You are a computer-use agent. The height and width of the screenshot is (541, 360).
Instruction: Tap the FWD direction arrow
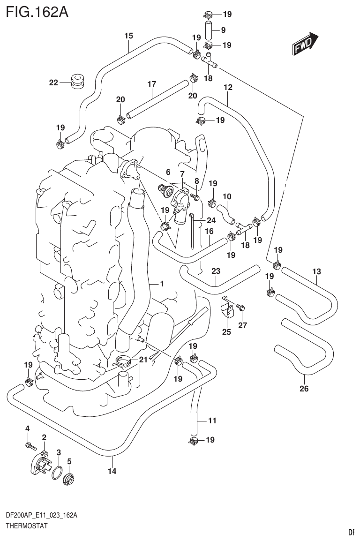pos(306,44)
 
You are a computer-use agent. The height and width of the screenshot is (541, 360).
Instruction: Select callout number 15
pos(128,36)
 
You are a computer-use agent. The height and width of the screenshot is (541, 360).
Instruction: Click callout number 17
pos(151,84)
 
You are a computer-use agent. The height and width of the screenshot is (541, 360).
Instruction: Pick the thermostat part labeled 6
pos(166,189)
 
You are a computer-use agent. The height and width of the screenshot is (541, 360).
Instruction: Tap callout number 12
pos(228,87)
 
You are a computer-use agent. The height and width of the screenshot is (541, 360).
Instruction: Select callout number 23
pos(216,270)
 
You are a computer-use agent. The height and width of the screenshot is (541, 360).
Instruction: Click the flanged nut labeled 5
pos(68,479)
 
